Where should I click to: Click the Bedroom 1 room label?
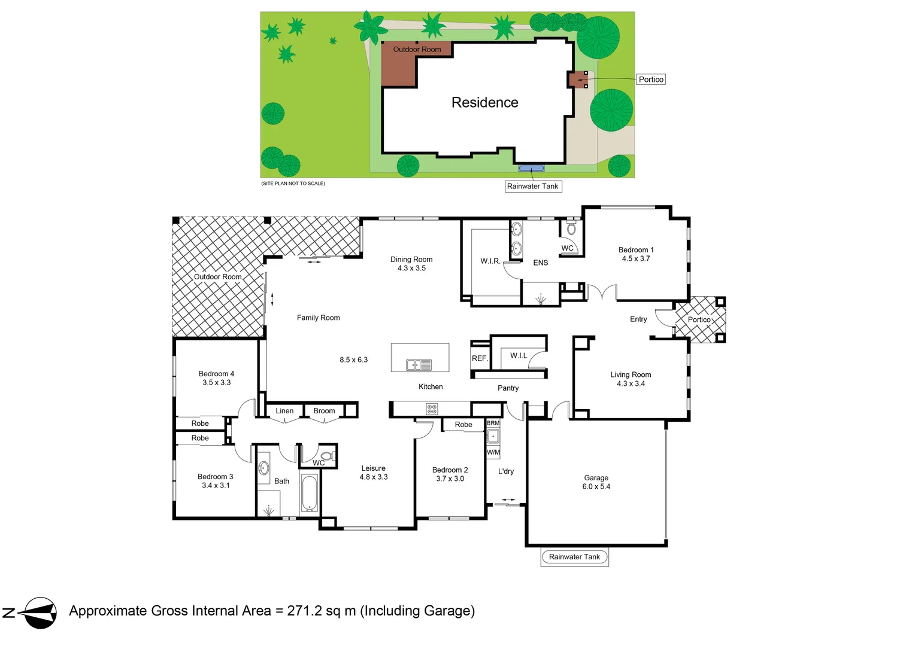pos(636,250)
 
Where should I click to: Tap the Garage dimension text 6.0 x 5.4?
pos(596,487)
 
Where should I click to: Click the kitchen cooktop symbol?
pos(432,409)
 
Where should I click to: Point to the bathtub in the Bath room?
pos(309,493)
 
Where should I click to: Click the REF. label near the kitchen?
pos(480,358)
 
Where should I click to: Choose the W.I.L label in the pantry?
pos(519,356)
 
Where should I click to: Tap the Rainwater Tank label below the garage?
pos(574,557)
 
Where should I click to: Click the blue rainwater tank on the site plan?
pos(531,168)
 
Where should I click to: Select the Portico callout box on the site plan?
pos(650,80)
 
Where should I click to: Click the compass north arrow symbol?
pos(37,613)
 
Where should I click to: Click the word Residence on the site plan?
pos(484,103)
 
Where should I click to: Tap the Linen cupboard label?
pos(284,411)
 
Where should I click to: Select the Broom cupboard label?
pos(324,411)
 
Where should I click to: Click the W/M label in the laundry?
pos(493,452)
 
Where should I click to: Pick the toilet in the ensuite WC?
pos(571,228)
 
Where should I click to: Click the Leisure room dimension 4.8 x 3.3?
pos(374,477)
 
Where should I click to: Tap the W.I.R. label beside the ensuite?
pos(490,261)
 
